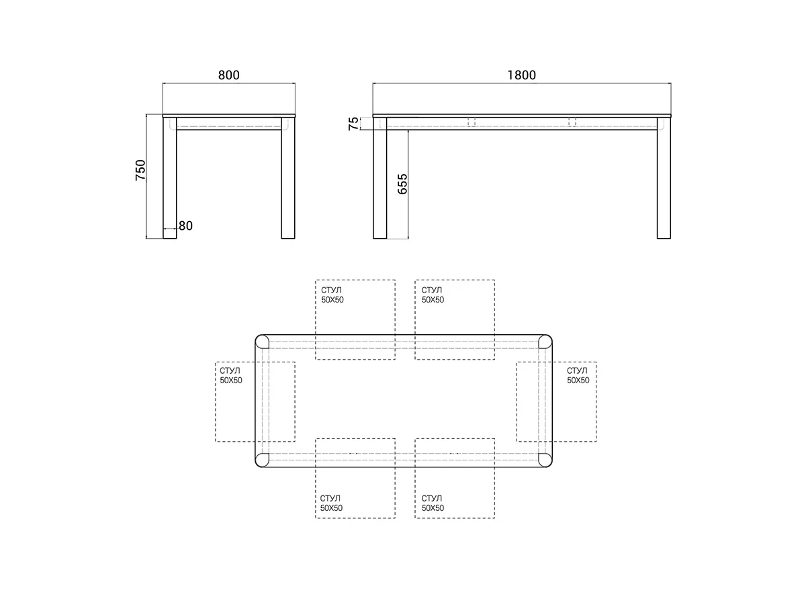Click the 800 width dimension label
coord(229,75)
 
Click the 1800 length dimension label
coord(521,75)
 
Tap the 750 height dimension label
coord(140,169)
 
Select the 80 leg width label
coord(185,226)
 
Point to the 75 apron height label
coord(353,124)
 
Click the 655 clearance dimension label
coord(402,184)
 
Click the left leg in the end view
coord(170,177)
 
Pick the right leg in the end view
coord(288,177)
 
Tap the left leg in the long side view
coord(379,177)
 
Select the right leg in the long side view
coord(664,177)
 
